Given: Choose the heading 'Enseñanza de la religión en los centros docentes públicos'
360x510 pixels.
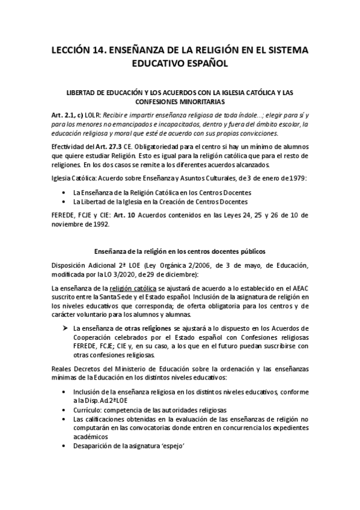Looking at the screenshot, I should pyautogui.click(x=181, y=251).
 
